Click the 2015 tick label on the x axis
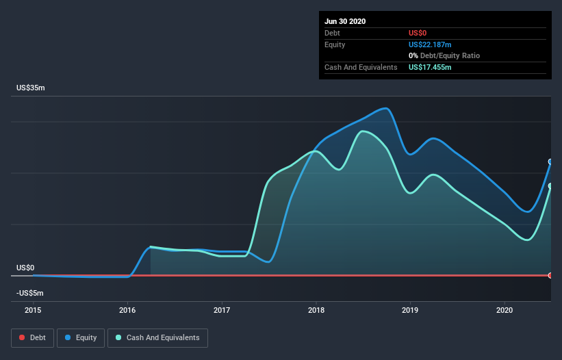[x=33, y=310]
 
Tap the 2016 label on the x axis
[x=127, y=310]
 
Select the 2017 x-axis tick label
[x=222, y=310]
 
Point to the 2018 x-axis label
[x=316, y=310]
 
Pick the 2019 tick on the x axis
[x=410, y=310]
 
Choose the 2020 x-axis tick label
[x=504, y=310]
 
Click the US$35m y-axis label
[x=31, y=88]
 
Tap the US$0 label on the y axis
[x=25, y=268]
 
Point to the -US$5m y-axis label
[x=29, y=293]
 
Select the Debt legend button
[x=33, y=338]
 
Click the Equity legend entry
[x=81, y=338]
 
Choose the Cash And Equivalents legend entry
[x=157, y=338]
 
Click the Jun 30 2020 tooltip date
[x=345, y=21]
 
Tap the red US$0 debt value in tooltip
[x=418, y=33]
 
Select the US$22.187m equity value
[x=430, y=44]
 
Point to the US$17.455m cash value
[x=430, y=67]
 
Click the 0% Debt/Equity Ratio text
[x=444, y=55]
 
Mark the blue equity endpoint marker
[x=550, y=162]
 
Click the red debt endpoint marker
[x=550, y=275]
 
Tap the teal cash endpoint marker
[x=550, y=186]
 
